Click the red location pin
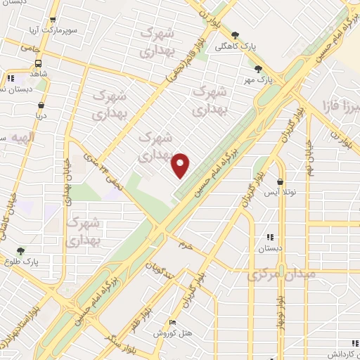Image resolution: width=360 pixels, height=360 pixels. click(x=181, y=165)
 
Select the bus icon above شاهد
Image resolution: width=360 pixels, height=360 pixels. click(x=37, y=63)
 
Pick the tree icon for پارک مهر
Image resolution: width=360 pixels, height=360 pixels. click(x=259, y=69)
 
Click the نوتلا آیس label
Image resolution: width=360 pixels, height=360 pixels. click(x=281, y=191)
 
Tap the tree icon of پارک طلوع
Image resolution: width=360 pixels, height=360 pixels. click(x=20, y=250)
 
